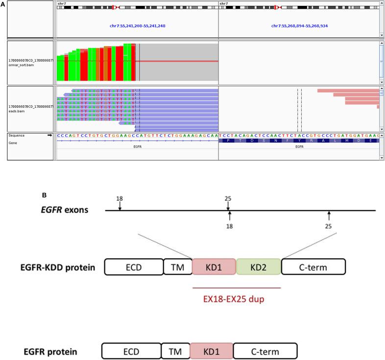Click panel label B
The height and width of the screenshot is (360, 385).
pyautogui.click(x=45, y=195)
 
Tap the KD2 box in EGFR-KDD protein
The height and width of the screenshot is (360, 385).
pyautogui.click(x=259, y=268)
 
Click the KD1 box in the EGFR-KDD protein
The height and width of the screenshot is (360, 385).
pyautogui.click(x=215, y=268)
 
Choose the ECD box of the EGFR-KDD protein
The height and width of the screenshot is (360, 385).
pyautogui.click(x=133, y=268)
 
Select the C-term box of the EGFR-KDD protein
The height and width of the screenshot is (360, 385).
pyautogui.click(x=313, y=268)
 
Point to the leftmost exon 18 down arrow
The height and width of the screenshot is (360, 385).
pyautogui.click(x=120, y=208)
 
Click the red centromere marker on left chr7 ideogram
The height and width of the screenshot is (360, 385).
pyautogui.click(x=115, y=8)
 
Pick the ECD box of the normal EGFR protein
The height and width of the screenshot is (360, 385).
pyautogui.click(x=131, y=352)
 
